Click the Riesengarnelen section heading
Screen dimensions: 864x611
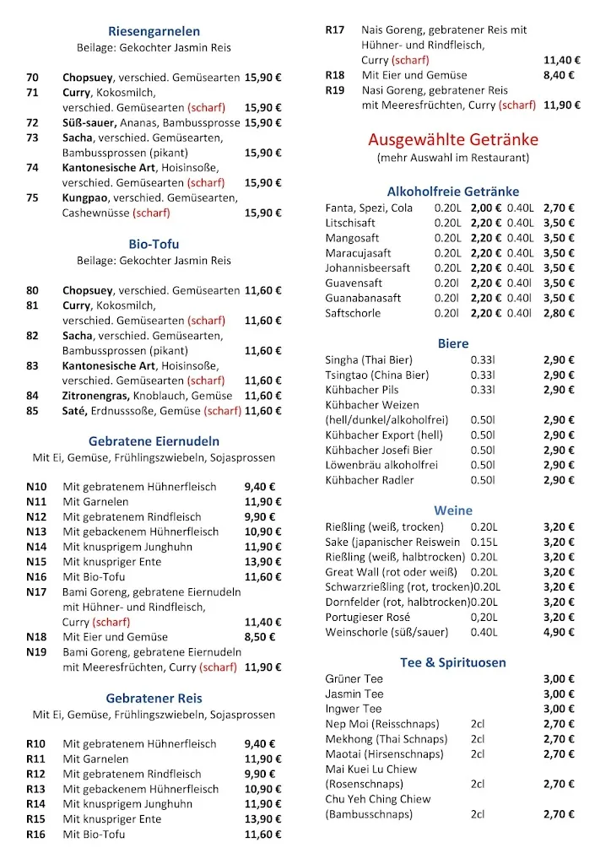pyautogui.click(x=154, y=32)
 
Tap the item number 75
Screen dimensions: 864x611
pyautogui.click(x=33, y=197)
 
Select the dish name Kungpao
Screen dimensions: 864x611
pyautogui.click(x=85, y=197)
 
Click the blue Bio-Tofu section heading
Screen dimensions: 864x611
pyautogui.click(x=154, y=245)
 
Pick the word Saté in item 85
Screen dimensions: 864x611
pyautogui.click(x=75, y=411)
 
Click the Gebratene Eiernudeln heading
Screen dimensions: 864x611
pyautogui.click(x=154, y=441)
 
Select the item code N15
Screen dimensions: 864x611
pyautogui.click(x=36, y=562)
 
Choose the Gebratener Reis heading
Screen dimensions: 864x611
pyautogui.click(x=154, y=699)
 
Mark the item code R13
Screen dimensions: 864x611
pyautogui.click(x=36, y=789)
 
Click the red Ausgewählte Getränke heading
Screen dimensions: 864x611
pyautogui.click(x=452, y=139)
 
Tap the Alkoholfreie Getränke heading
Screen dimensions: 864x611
pyautogui.click(x=452, y=192)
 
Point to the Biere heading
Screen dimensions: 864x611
pyautogui.click(x=452, y=344)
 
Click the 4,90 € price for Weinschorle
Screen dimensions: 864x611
pyautogui.click(x=559, y=632)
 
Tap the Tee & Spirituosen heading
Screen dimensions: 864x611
pyautogui.click(x=452, y=662)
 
